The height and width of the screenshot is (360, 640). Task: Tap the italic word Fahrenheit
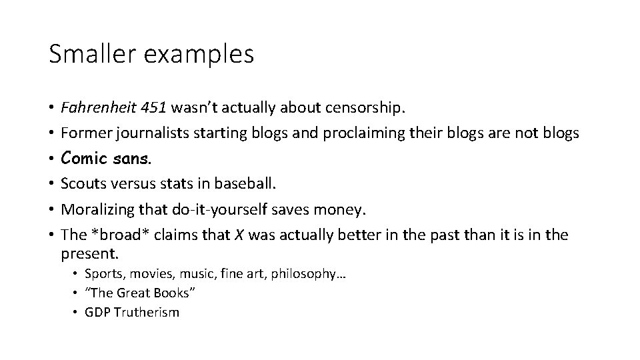[x=96, y=107]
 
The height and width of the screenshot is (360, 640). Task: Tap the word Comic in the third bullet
[x=83, y=159]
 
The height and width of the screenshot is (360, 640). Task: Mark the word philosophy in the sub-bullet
[x=305, y=273]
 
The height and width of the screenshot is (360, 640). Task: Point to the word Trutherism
[x=146, y=312]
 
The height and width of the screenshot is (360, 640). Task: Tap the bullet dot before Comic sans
[x=51, y=159]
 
